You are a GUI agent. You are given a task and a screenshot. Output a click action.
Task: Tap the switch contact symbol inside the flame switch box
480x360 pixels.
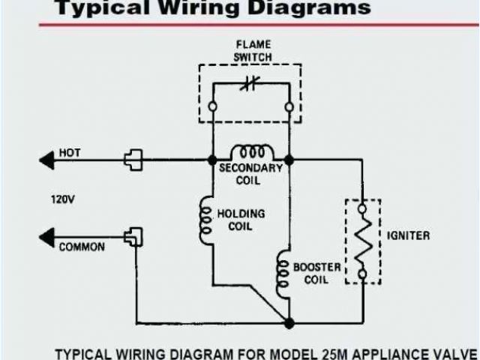point(249,84)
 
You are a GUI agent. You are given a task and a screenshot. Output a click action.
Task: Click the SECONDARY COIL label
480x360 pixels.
point(250,174)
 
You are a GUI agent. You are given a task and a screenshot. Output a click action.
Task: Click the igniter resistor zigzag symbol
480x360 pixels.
point(362,241)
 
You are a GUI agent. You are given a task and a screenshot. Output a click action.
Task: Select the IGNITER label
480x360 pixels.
point(409,235)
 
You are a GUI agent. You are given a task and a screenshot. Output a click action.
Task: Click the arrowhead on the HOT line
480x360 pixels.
point(46,160)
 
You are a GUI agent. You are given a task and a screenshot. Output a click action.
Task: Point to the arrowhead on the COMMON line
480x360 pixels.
point(46,238)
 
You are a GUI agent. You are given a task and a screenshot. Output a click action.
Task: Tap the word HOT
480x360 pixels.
point(69,152)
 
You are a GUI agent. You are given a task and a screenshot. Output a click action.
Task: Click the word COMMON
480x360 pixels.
point(82,247)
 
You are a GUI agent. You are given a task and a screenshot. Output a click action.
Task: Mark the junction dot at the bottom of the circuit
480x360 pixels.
point(289,322)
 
